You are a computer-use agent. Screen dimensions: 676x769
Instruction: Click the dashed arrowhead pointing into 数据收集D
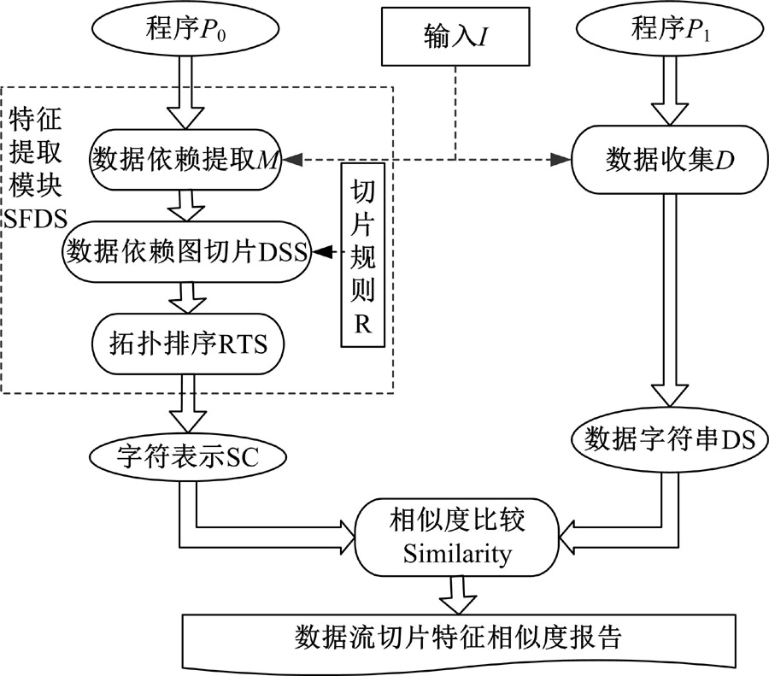pyautogui.click(x=561, y=159)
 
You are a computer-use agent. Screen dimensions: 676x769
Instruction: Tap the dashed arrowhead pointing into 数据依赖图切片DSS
pyautogui.click(x=323, y=252)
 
